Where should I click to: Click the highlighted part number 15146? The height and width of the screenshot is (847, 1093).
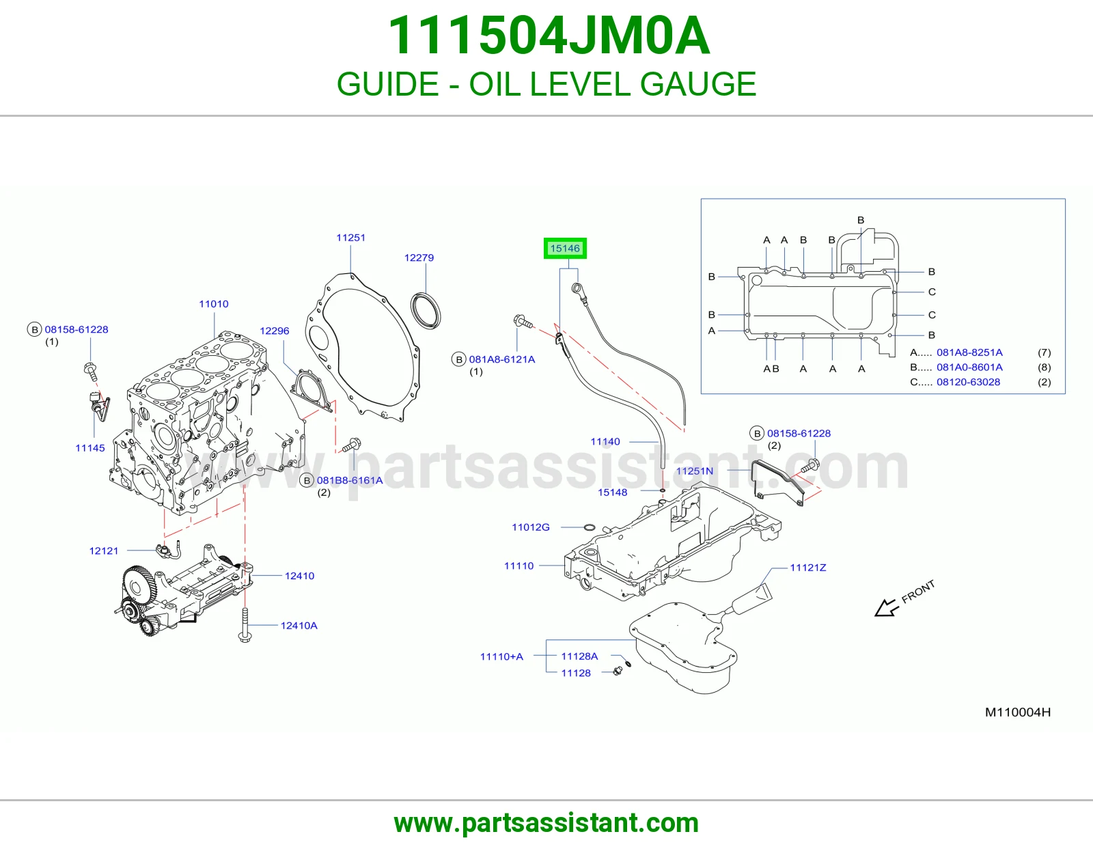pyautogui.click(x=565, y=249)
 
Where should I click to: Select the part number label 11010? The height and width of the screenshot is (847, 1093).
pyautogui.click(x=214, y=304)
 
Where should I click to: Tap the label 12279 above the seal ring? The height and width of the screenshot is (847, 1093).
pyautogui.click(x=419, y=258)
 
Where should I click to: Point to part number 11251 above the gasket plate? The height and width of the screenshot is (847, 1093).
pyautogui.click(x=350, y=238)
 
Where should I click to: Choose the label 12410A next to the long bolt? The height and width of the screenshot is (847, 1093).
pyautogui.click(x=299, y=626)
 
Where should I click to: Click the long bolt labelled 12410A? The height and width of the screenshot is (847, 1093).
pyautogui.click(x=245, y=626)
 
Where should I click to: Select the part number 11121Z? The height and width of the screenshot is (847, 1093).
pyautogui.click(x=808, y=568)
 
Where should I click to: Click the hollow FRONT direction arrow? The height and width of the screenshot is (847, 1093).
pyautogui.click(x=886, y=608)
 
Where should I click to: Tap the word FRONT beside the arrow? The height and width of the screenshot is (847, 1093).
pyautogui.click(x=918, y=592)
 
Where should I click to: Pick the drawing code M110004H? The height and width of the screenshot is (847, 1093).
pyautogui.click(x=1018, y=712)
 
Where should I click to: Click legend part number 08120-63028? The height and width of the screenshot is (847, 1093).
pyautogui.click(x=968, y=382)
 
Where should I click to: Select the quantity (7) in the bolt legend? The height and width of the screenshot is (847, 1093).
pyautogui.click(x=1044, y=352)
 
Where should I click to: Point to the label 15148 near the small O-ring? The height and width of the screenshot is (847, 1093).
pyautogui.click(x=612, y=492)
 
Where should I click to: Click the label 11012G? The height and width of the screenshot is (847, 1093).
pyautogui.click(x=531, y=527)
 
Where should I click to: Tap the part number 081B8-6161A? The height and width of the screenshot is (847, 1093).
pyautogui.click(x=350, y=480)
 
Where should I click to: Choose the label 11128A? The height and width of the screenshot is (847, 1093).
pyautogui.click(x=579, y=656)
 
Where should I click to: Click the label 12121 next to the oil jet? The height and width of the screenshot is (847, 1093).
pyautogui.click(x=104, y=551)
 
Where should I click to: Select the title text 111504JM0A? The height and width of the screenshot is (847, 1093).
pyautogui.click(x=549, y=36)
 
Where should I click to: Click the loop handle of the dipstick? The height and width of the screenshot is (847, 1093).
pyautogui.click(x=577, y=289)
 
